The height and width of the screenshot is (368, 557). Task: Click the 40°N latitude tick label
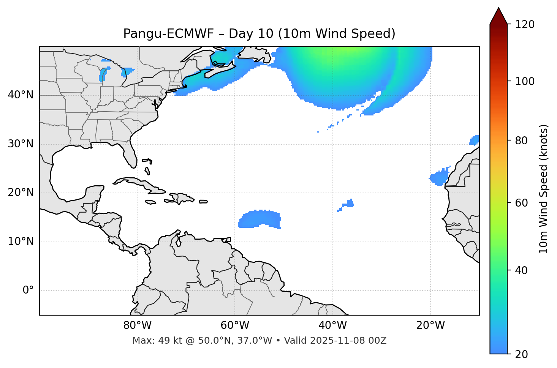(x=21, y=95)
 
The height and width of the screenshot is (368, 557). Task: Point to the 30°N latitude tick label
(x=21, y=144)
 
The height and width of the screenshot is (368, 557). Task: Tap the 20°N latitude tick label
(x=21, y=193)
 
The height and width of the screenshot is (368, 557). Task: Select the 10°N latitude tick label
(x=21, y=242)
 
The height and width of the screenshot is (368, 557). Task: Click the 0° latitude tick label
(x=28, y=291)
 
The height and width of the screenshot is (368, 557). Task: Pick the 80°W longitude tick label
(x=137, y=325)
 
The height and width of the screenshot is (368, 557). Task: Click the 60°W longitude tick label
(x=235, y=325)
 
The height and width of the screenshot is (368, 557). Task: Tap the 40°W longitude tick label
(x=332, y=325)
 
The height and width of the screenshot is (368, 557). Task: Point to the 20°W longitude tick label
(x=430, y=325)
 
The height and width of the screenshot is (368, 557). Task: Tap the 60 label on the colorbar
(x=521, y=203)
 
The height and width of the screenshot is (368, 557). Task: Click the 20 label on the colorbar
(x=521, y=354)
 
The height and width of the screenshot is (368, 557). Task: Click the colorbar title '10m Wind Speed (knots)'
(x=544, y=189)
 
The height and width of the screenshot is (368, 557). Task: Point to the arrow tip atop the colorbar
(x=498, y=8)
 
